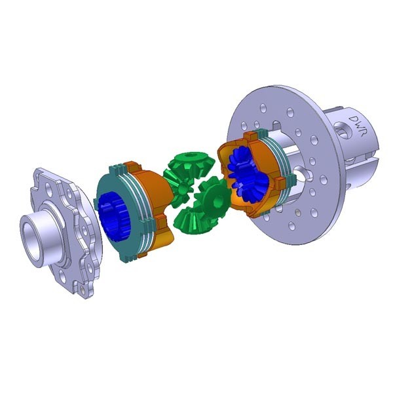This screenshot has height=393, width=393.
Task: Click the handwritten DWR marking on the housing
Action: tap(359, 124)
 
